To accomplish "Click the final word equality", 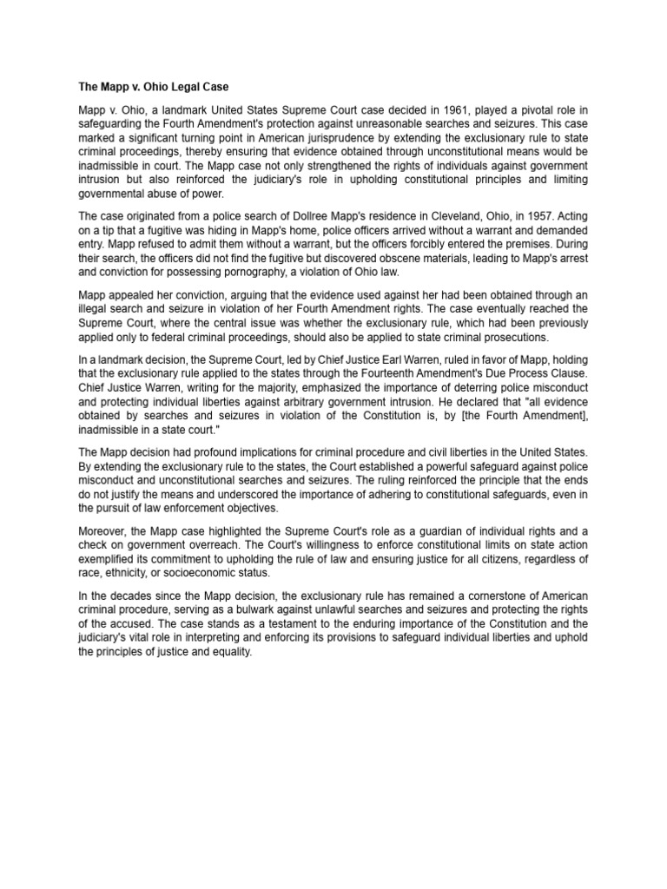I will (x=228, y=653).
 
